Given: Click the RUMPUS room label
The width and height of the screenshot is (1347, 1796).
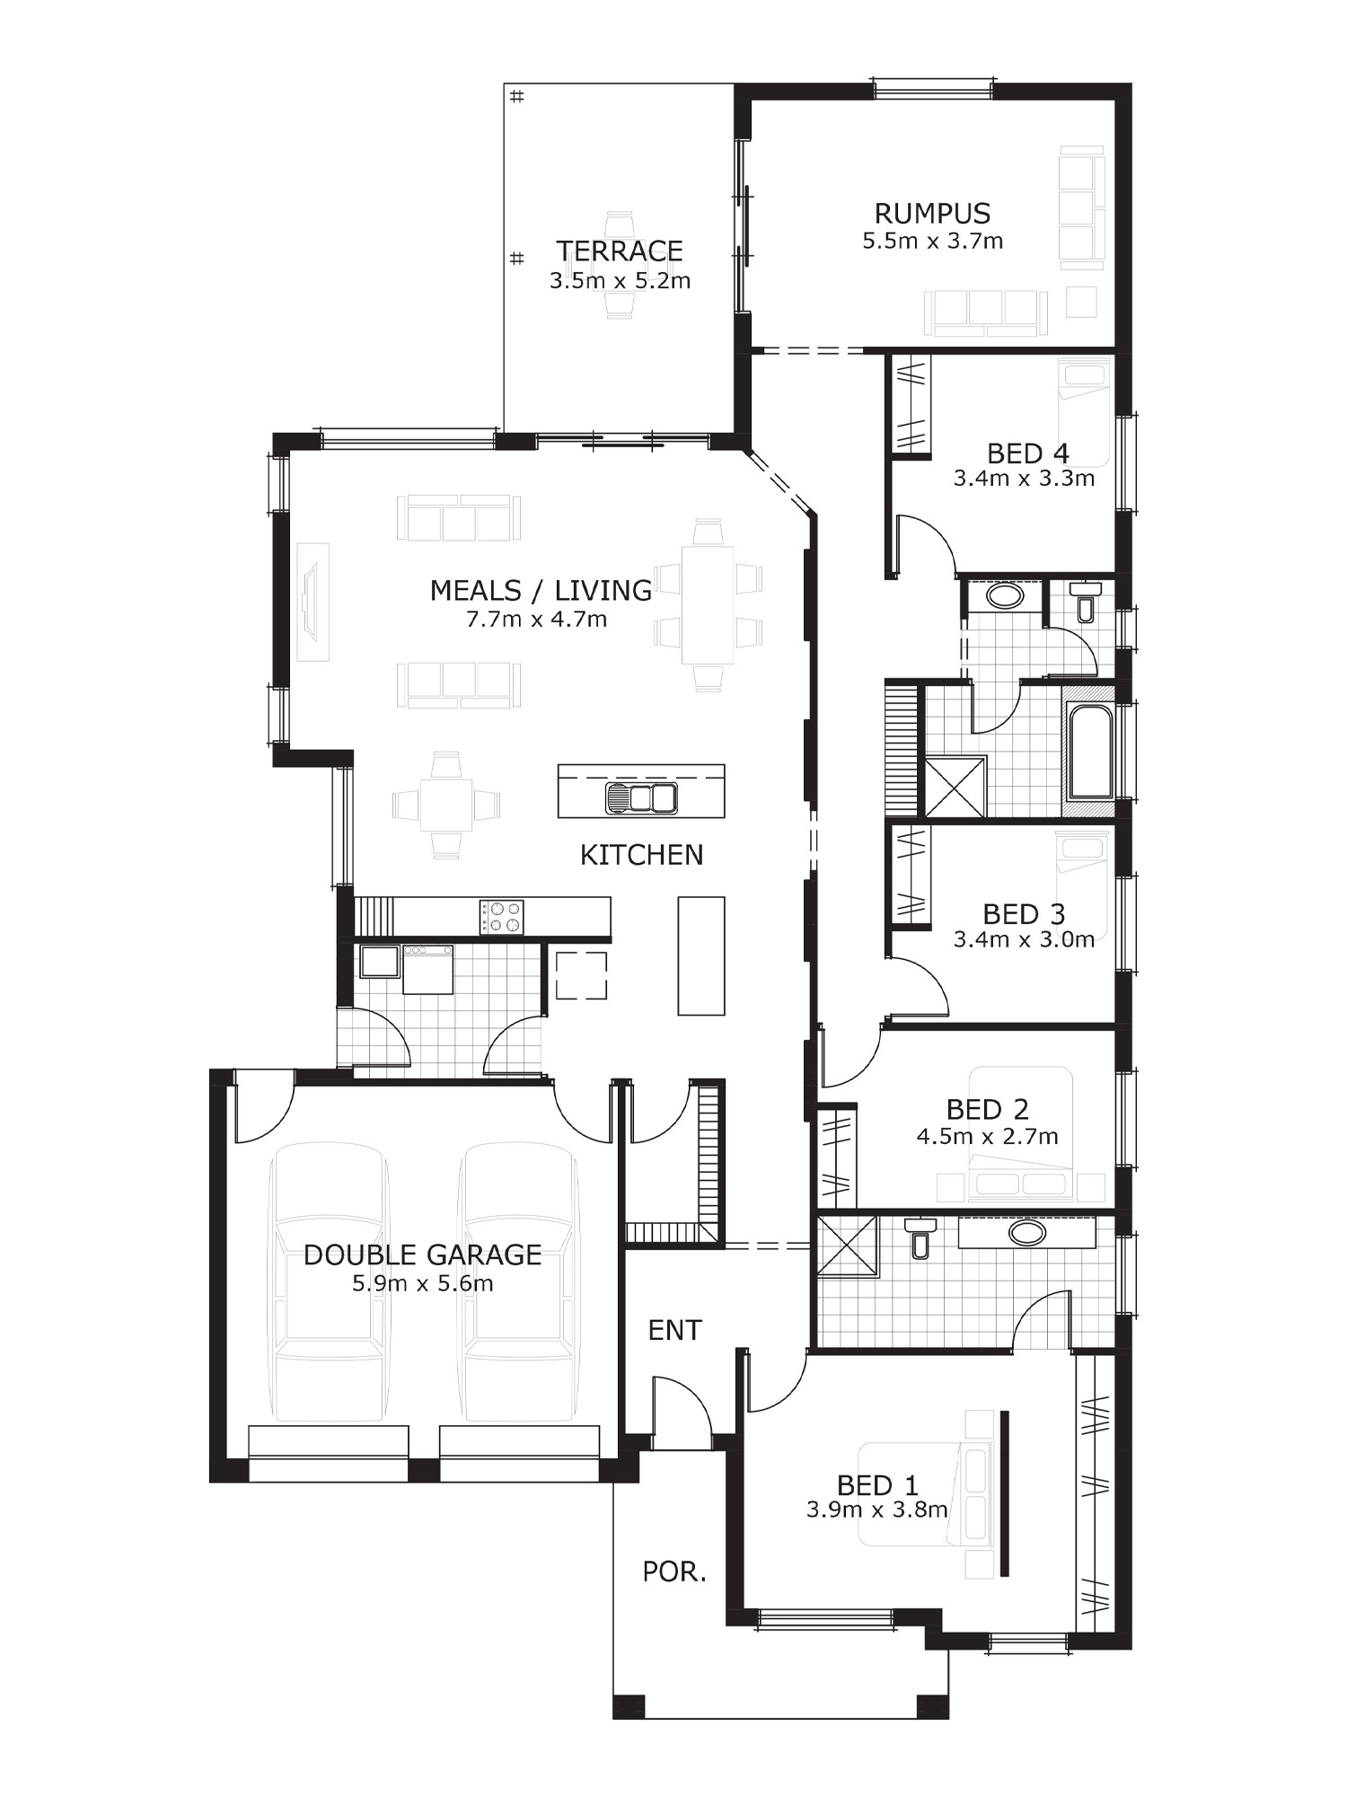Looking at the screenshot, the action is coord(932,214).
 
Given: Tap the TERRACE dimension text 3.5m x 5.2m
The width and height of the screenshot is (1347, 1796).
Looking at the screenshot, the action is coord(620,280).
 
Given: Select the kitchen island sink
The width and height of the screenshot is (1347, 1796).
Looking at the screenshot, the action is coord(641,797).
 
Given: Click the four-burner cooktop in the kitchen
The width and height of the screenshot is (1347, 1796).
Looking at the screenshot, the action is coord(501,917).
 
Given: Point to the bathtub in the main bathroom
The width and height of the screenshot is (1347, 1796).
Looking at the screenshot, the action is coord(1090,753).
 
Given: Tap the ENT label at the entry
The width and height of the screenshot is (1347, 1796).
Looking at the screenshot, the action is coord(674,1330).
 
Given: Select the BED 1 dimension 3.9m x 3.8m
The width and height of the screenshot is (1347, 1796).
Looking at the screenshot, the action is coord(876,1510).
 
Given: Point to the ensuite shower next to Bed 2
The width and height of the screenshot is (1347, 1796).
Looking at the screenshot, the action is coord(846,1245).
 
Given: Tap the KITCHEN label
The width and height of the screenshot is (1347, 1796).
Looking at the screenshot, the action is coord(641,855).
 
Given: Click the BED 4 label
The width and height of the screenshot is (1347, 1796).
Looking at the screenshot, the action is coord(1027,453).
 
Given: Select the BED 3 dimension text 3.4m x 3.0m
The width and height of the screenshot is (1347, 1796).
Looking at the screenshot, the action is coord(1024,939).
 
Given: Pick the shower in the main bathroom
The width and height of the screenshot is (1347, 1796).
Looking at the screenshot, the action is coord(955,787).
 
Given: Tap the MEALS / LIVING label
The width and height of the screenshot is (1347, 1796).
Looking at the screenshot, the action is coord(541,590).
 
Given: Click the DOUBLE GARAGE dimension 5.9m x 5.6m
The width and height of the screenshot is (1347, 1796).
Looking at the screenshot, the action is coord(422,1283).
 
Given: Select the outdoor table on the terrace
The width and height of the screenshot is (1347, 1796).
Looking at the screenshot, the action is coord(620,265).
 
